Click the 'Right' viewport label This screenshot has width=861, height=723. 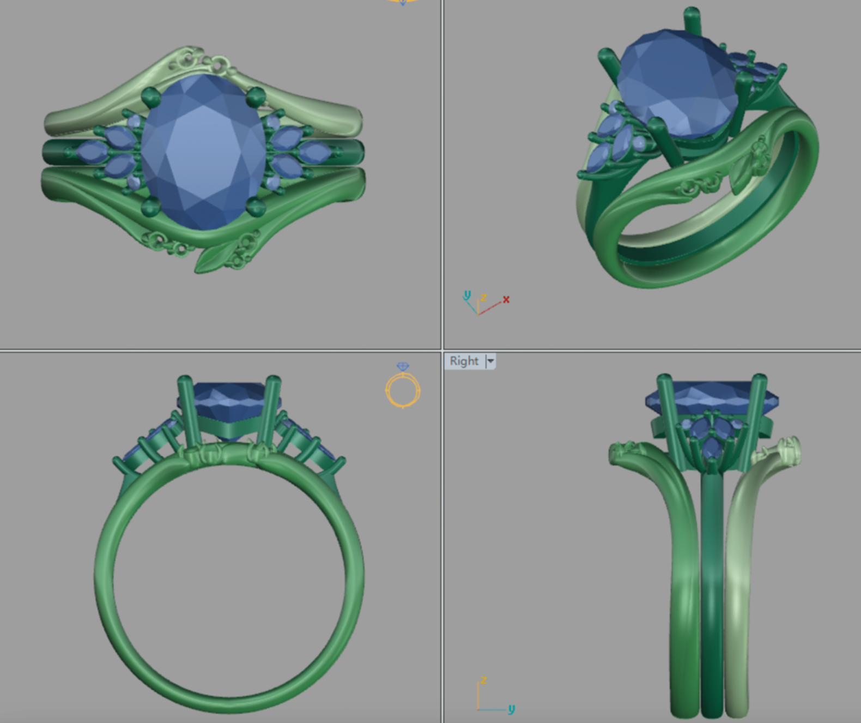click(464, 361)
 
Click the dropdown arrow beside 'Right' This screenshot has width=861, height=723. click(490, 361)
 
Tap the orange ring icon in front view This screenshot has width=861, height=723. click(403, 389)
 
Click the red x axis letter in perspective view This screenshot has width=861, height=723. click(506, 299)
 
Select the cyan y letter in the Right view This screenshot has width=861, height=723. click(511, 708)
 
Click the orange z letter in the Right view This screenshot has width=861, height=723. click(483, 680)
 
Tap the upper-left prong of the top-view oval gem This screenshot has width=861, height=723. click(151, 97)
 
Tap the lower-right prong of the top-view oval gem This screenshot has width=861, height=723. click(255, 207)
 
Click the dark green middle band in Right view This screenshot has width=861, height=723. click(712, 600)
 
